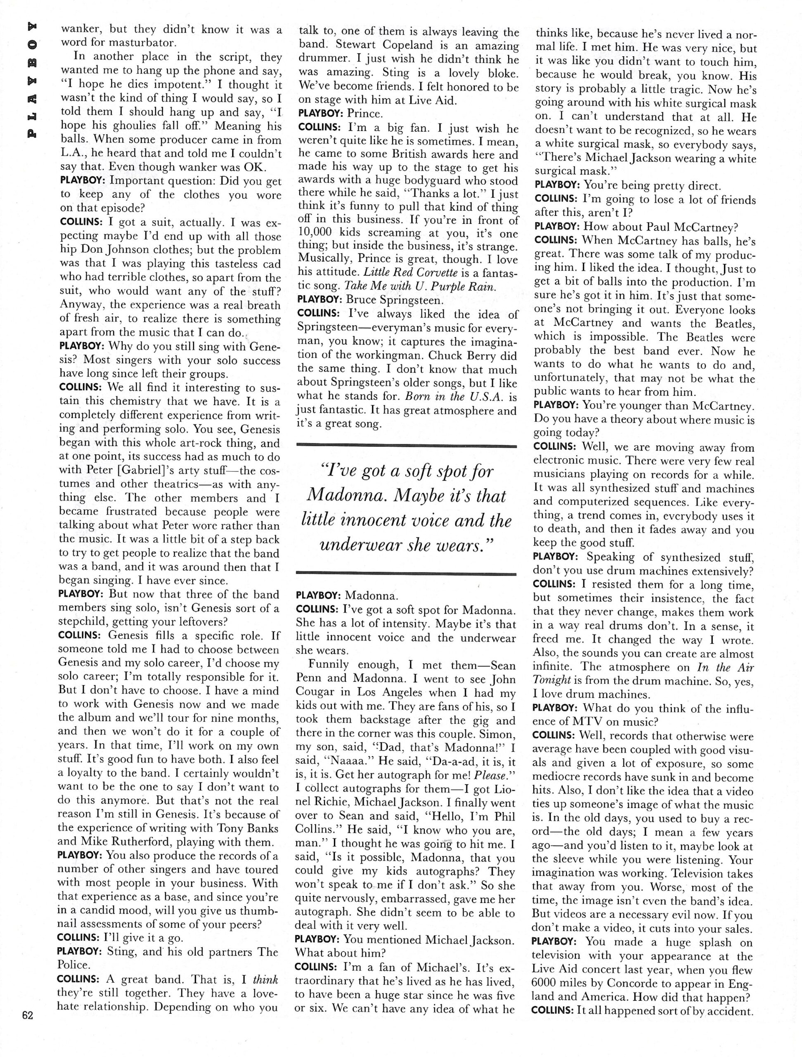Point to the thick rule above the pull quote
[407, 446]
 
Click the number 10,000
[319, 233]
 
